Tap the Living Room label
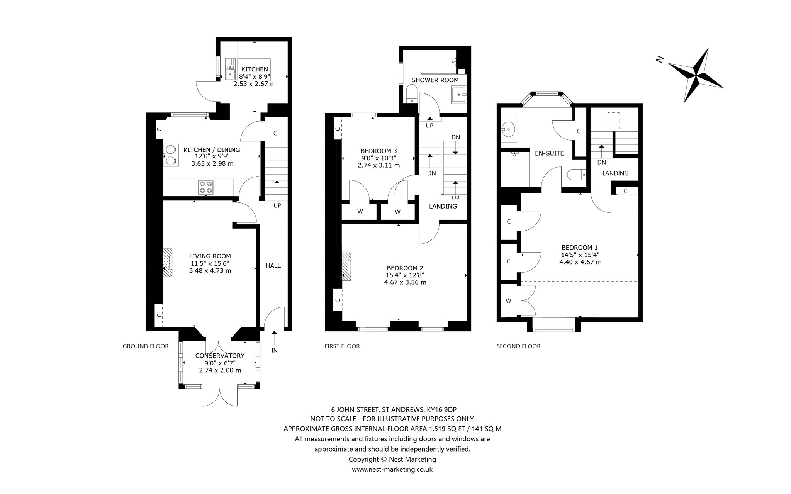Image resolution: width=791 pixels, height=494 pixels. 210,256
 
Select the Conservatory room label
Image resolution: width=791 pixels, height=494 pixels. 220,356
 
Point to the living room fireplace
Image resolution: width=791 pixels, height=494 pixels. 167,263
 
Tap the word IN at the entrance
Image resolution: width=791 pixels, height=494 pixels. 275,351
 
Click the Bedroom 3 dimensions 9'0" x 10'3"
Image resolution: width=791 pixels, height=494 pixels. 379,158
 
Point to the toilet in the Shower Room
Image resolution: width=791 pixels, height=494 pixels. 411,94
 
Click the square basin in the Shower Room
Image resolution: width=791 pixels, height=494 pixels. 458,93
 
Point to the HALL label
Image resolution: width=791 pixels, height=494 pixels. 273,266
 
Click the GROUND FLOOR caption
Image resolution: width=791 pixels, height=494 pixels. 146,346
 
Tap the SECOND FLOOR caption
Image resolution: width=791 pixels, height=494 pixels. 519,346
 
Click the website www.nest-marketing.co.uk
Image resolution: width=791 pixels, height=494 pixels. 392,470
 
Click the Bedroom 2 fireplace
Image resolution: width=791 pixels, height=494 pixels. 346,266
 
